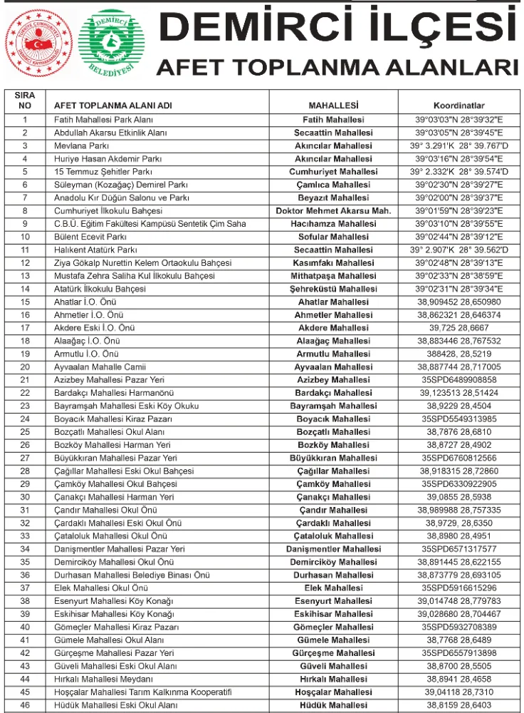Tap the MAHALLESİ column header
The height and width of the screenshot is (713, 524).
[x=332, y=106]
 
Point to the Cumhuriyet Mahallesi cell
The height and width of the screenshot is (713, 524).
[x=333, y=172]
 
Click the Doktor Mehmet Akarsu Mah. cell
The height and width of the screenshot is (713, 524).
[x=333, y=211]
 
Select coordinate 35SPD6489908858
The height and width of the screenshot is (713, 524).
[x=459, y=379]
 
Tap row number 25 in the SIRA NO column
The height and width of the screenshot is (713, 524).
[x=25, y=431]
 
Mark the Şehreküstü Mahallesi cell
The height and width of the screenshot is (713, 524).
[x=333, y=289]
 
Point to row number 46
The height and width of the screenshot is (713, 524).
[x=25, y=704]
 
